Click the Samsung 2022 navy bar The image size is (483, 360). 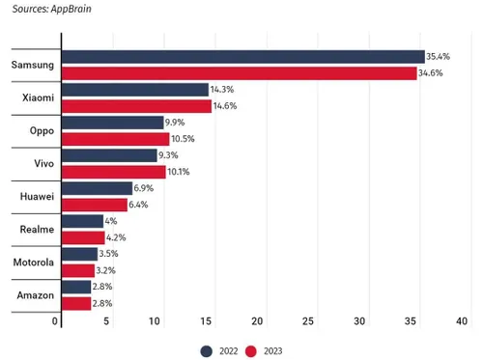[241, 57]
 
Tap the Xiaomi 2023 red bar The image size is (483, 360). [135, 106]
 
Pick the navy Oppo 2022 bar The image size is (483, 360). [111, 123]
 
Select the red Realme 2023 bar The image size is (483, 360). [82, 237]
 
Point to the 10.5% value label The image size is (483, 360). [184, 139]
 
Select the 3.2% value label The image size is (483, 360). [107, 270]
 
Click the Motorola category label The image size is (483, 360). [31, 262]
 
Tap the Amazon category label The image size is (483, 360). [34, 294]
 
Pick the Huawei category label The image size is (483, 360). [34, 196]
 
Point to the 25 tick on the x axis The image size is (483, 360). [309, 321]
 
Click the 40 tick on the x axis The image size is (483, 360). [462, 321]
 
